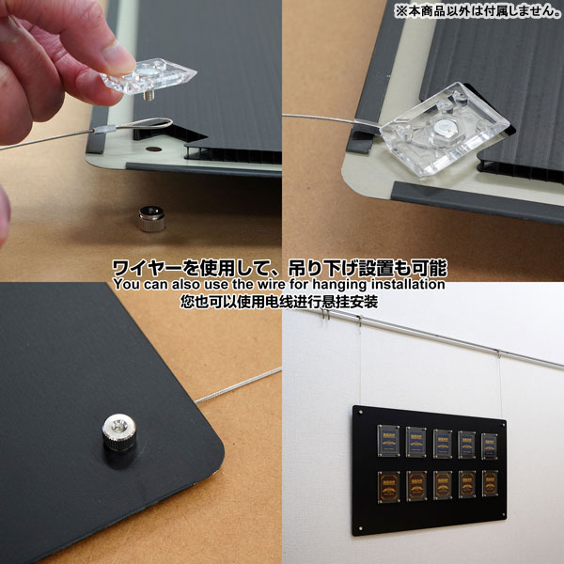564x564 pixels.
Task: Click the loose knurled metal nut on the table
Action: (x=151, y=218)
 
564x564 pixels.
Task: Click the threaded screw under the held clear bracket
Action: (x=149, y=96)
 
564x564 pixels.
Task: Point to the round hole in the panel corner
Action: (x=153, y=149)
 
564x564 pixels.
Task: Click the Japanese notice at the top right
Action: (x=478, y=10)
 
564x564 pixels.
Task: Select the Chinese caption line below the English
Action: (x=279, y=302)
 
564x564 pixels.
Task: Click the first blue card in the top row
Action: (x=388, y=441)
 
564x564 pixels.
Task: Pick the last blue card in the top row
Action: (x=490, y=446)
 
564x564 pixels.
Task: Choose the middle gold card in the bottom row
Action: (x=443, y=485)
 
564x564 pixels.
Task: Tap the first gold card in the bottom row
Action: (x=389, y=487)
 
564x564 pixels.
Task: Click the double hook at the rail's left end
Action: (x=326, y=314)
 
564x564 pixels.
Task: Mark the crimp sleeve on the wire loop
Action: (x=104, y=129)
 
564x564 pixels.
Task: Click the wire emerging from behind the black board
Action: (x=238, y=385)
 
